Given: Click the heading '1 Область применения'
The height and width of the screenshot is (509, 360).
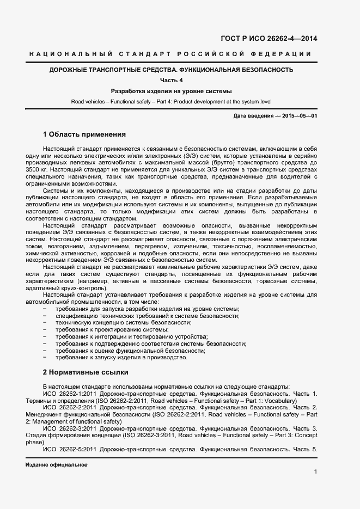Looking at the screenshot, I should [x=84, y=134].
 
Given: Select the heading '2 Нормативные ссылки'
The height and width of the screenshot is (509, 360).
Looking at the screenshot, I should [x=85, y=372].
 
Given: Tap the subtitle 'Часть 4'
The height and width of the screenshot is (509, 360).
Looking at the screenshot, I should [x=171, y=81].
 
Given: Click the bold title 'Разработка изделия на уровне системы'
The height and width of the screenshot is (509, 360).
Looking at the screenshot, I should [x=171, y=91].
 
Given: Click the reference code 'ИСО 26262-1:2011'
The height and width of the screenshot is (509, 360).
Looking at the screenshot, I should [x=69, y=393].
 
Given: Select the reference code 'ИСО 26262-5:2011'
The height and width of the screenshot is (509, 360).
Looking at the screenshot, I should [x=69, y=450].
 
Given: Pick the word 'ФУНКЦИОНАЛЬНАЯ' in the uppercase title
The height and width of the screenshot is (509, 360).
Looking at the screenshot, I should [x=211, y=70].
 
